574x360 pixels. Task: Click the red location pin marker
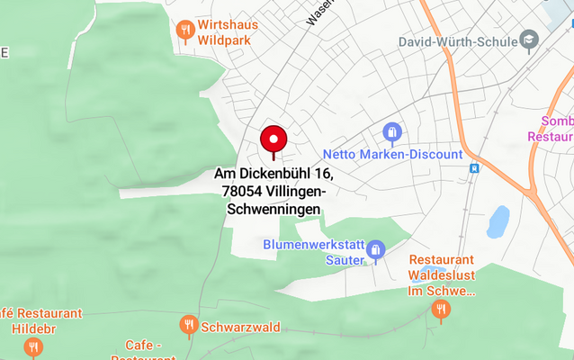(x=274, y=140)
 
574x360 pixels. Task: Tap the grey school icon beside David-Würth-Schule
(x=529, y=40)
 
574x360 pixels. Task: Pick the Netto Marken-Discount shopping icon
(x=391, y=134)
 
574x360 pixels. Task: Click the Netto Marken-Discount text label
(x=392, y=155)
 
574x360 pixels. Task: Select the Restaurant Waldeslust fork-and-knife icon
(x=441, y=310)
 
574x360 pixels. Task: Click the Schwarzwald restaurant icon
(x=188, y=325)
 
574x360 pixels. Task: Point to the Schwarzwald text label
(x=240, y=327)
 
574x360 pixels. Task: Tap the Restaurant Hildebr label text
(x=40, y=320)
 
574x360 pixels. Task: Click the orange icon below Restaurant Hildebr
(x=33, y=347)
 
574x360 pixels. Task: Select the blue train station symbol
(x=474, y=167)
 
